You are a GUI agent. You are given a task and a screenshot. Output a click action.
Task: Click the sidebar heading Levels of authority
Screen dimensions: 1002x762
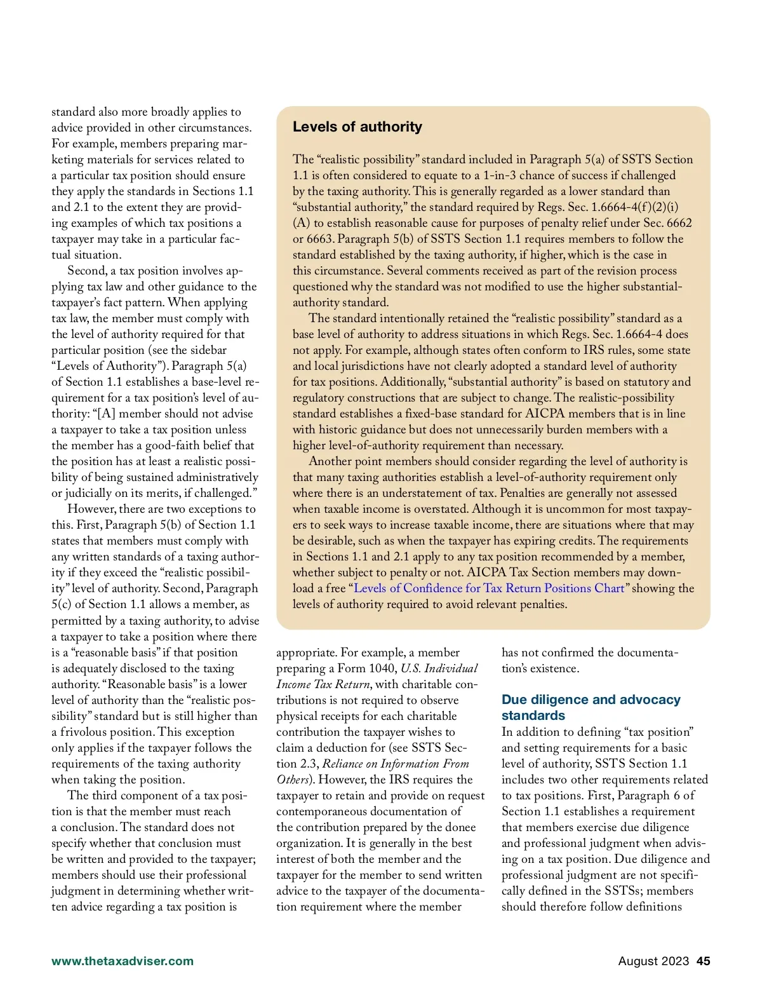click(357, 126)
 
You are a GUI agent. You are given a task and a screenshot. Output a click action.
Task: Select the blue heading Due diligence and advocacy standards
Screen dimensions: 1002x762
click(591, 707)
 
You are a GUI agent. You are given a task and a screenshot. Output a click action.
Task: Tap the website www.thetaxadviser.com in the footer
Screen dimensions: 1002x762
click(123, 961)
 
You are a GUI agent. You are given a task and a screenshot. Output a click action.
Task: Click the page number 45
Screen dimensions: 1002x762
click(703, 961)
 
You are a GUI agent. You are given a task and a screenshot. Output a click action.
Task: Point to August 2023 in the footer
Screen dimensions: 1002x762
click(653, 961)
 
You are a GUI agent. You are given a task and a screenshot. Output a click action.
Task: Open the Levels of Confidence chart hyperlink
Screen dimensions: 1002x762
click(489, 588)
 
